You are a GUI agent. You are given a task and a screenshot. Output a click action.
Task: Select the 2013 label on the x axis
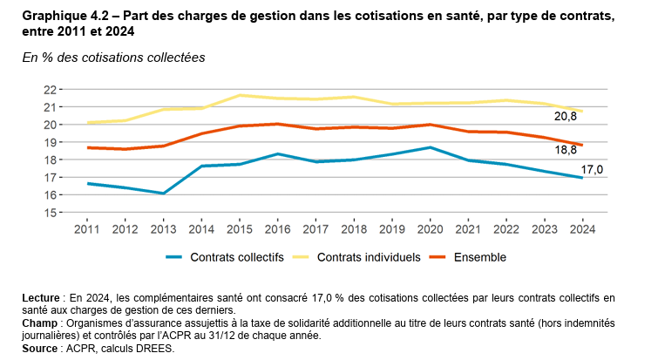pyautogui.click(x=164, y=228)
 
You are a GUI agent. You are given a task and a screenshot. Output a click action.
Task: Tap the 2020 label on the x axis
pyautogui.click(x=430, y=228)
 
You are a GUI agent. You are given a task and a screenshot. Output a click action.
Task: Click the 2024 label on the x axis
pyautogui.click(x=581, y=228)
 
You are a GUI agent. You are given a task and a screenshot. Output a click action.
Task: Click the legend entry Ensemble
pyautogui.click(x=478, y=257)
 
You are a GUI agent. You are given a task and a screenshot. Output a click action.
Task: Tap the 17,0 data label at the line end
pyautogui.click(x=593, y=168)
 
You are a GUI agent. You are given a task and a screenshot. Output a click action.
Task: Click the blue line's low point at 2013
pyautogui.click(x=164, y=194)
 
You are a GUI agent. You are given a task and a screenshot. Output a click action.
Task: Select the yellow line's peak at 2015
pyautogui.click(x=240, y=95)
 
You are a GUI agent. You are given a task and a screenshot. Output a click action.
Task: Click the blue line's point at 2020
pyautogui.click(x=430, y=147)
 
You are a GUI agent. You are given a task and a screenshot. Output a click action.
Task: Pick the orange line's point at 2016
pyautogui.click(x=277, y=124)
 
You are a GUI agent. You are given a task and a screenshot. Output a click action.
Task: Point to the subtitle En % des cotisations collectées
pyautogui.click(x=113, y=57)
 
